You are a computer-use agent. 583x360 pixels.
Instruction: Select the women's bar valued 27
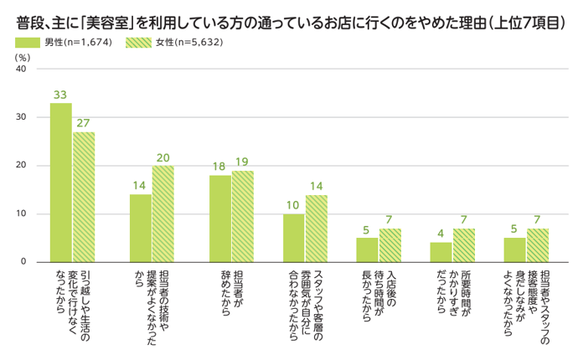[x=84, y=197]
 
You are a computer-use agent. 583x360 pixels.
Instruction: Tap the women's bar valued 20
[x=163, y=213]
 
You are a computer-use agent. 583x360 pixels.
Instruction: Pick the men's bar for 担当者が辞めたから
[x=220, y=219]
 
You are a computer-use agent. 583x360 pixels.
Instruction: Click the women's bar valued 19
[x=243, y=216]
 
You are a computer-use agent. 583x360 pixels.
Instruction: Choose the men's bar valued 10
[x=293, y=238]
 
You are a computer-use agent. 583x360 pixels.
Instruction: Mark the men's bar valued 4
[x=441, y=252]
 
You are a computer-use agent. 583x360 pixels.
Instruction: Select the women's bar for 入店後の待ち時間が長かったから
[x=390, y=245]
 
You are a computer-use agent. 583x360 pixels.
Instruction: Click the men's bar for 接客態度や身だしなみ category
[x=514, y=249]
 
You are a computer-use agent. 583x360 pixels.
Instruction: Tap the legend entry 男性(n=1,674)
[x=62, y=42]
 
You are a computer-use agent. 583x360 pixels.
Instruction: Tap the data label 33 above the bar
[x=60, y=95]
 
